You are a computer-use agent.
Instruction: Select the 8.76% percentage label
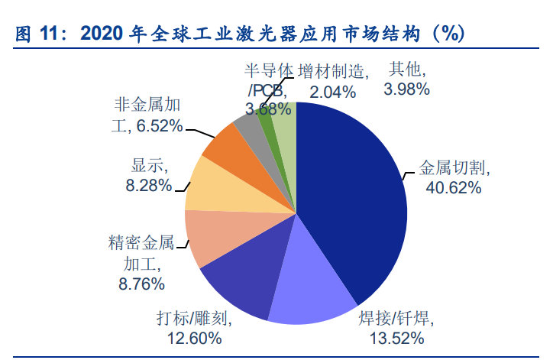point(138,284)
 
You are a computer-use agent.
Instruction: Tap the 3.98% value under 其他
point(407,89)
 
